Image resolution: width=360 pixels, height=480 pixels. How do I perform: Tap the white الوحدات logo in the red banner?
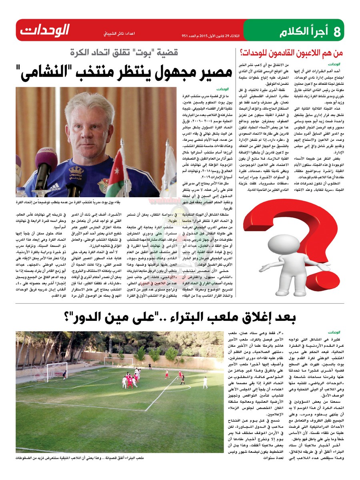click(x=45, y=30)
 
